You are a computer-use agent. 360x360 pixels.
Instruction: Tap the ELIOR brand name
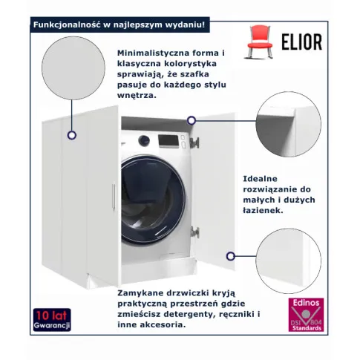pos(302,42)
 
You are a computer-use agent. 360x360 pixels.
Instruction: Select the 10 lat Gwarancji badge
pos(52,320)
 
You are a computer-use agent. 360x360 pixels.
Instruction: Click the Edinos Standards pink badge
pos(306,315)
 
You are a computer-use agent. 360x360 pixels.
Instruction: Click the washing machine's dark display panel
pos(168,141)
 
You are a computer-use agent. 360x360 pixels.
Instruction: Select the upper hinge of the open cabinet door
pos(194,143)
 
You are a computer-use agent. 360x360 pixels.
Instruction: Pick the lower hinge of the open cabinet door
pos(194,232)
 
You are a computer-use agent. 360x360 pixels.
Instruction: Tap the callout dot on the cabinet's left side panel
pos(72,135)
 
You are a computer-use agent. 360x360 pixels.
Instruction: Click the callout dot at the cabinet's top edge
pos(192,120)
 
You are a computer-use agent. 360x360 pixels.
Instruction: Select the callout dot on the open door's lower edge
pos(231,256)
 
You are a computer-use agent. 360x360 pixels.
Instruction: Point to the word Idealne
pos(260,179)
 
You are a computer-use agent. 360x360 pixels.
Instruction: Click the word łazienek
pos(263,211)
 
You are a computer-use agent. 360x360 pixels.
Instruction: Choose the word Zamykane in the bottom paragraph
pos(141,293)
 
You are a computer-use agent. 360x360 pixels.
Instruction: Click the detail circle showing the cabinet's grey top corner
pos(289,124)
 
